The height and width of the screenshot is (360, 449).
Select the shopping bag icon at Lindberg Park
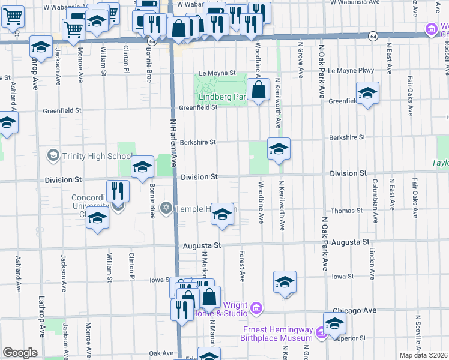click(258, 91)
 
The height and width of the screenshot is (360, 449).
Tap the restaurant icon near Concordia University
click(118, 191)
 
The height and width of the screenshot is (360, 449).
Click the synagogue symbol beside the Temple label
click(166, 208)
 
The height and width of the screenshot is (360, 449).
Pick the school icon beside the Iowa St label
click(285, 281)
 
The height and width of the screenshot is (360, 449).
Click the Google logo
click(20, 353)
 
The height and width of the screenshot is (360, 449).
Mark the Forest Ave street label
click(243, 266)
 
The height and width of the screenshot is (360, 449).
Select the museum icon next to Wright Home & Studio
click(256, 308)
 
